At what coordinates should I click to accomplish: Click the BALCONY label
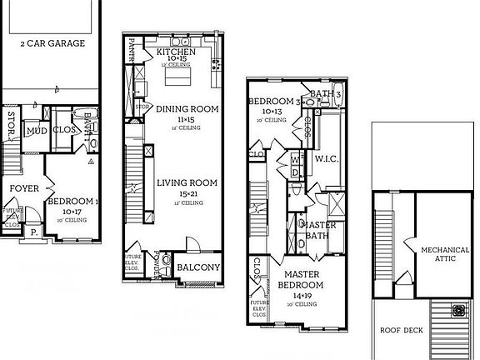click(199, 267)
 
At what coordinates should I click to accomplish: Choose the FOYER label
click(24, 188)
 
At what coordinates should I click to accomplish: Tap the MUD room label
click(35, 131)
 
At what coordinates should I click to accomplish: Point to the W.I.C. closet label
click(325, 158)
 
